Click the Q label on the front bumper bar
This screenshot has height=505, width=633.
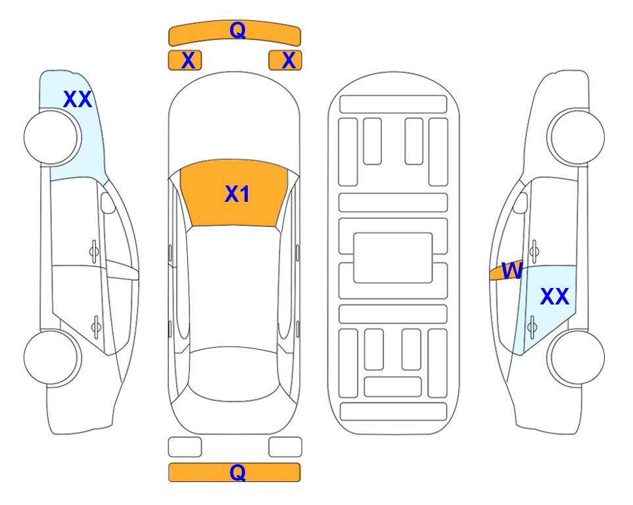[x=237, y=30]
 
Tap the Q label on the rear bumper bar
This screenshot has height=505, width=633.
[x=237, y=472]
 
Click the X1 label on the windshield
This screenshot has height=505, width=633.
[x=237, y=194]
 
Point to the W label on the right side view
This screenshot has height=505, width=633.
[x=511, y=270]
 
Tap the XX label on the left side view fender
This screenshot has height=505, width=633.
[x=77, y=100]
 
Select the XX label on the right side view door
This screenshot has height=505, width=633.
[x=553, y=297]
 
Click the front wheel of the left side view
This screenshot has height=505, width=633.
[x=52, y=137]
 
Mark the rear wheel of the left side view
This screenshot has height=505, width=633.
[x=52, y=356]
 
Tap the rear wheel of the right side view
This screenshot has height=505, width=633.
[x=576, y=356]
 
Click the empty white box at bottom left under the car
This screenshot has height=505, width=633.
[x=185, y=446]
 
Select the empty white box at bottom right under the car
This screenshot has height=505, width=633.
[x=285, y=446]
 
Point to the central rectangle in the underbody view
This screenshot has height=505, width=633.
[x=393, y=257]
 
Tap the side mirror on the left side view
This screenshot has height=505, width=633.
[x=108, y=204]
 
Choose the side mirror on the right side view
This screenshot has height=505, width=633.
[x=520, y=203]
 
